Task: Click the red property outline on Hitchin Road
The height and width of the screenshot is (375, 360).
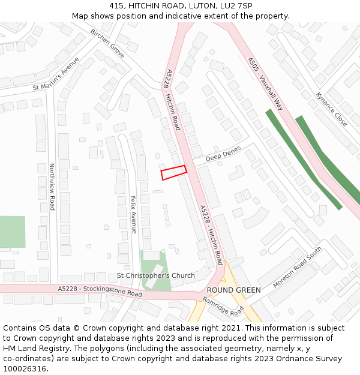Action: click(x=173, y=173)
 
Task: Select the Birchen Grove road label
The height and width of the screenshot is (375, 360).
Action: click(x=107, y=43)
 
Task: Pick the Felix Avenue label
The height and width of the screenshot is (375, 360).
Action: click(x=134, y=214)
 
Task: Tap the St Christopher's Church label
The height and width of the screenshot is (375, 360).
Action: click(x=155, y=276)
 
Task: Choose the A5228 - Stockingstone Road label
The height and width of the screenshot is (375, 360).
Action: click(x=100, y=292)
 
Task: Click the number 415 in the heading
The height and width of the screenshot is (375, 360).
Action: click(x=117, y=6)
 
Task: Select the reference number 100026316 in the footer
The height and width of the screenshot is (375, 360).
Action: click(x=25, y=368)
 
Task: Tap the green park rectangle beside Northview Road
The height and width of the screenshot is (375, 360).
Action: click(x=12, y=232)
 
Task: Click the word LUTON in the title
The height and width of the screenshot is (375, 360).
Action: click(x=203, y=6)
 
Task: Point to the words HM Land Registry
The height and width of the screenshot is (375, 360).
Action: click(x=32, y=348)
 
